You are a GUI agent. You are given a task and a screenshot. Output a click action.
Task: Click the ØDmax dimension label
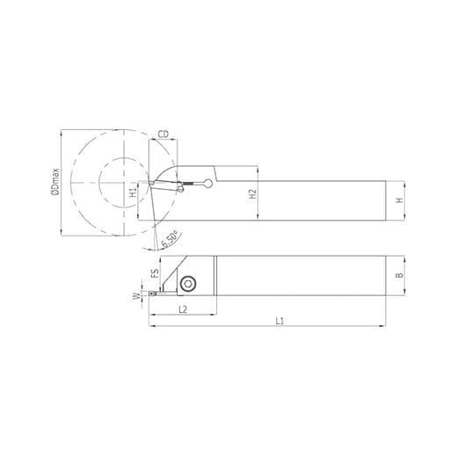[x=55, y=182]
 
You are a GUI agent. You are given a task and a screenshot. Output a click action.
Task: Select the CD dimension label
[x=163, y=134]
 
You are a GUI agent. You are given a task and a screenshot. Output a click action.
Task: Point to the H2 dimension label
[x=252, y=194]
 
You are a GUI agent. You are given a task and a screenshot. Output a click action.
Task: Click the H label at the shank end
[x=399, y=200]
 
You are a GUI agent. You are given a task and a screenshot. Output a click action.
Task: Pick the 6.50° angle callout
[x=170, y=239]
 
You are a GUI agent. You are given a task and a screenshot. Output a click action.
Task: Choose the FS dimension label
[x=155, y=273]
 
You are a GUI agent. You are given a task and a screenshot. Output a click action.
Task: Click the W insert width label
[x=136, y=297]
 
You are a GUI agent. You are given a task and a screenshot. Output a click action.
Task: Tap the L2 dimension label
[x=183, y=309]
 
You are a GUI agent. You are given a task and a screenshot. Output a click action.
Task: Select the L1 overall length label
[x=279, y=321]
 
